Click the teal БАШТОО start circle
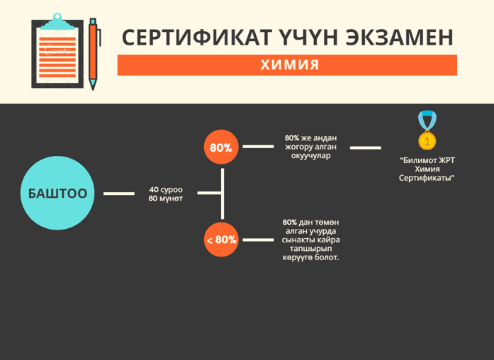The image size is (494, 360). coord(57,193)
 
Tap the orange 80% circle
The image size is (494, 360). coord(221,147)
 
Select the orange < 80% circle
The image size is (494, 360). coord(221,240)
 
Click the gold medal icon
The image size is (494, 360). coord(427,130)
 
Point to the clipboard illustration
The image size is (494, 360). coord(57,51)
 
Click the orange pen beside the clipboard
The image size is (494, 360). coord(94,54)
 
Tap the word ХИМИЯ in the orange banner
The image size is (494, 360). coord(290,65)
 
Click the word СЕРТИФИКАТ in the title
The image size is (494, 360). coord(197,38)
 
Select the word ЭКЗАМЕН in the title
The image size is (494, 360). coord(399,38)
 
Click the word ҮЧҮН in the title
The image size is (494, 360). coord(309,38)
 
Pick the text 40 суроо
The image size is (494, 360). coord(166,190)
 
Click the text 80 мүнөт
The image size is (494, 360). coord(166,198)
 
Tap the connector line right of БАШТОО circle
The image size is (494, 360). coord(119,193)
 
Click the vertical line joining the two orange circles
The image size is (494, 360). coord(223,193)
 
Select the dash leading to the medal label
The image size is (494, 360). coord(366,147)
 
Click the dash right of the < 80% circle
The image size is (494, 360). coord(258,240)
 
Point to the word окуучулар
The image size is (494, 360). coord(311,156)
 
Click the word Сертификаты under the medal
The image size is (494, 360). coord(427,178)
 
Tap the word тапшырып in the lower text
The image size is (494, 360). coord(311,249)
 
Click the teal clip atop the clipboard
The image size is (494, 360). coord(57,22)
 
